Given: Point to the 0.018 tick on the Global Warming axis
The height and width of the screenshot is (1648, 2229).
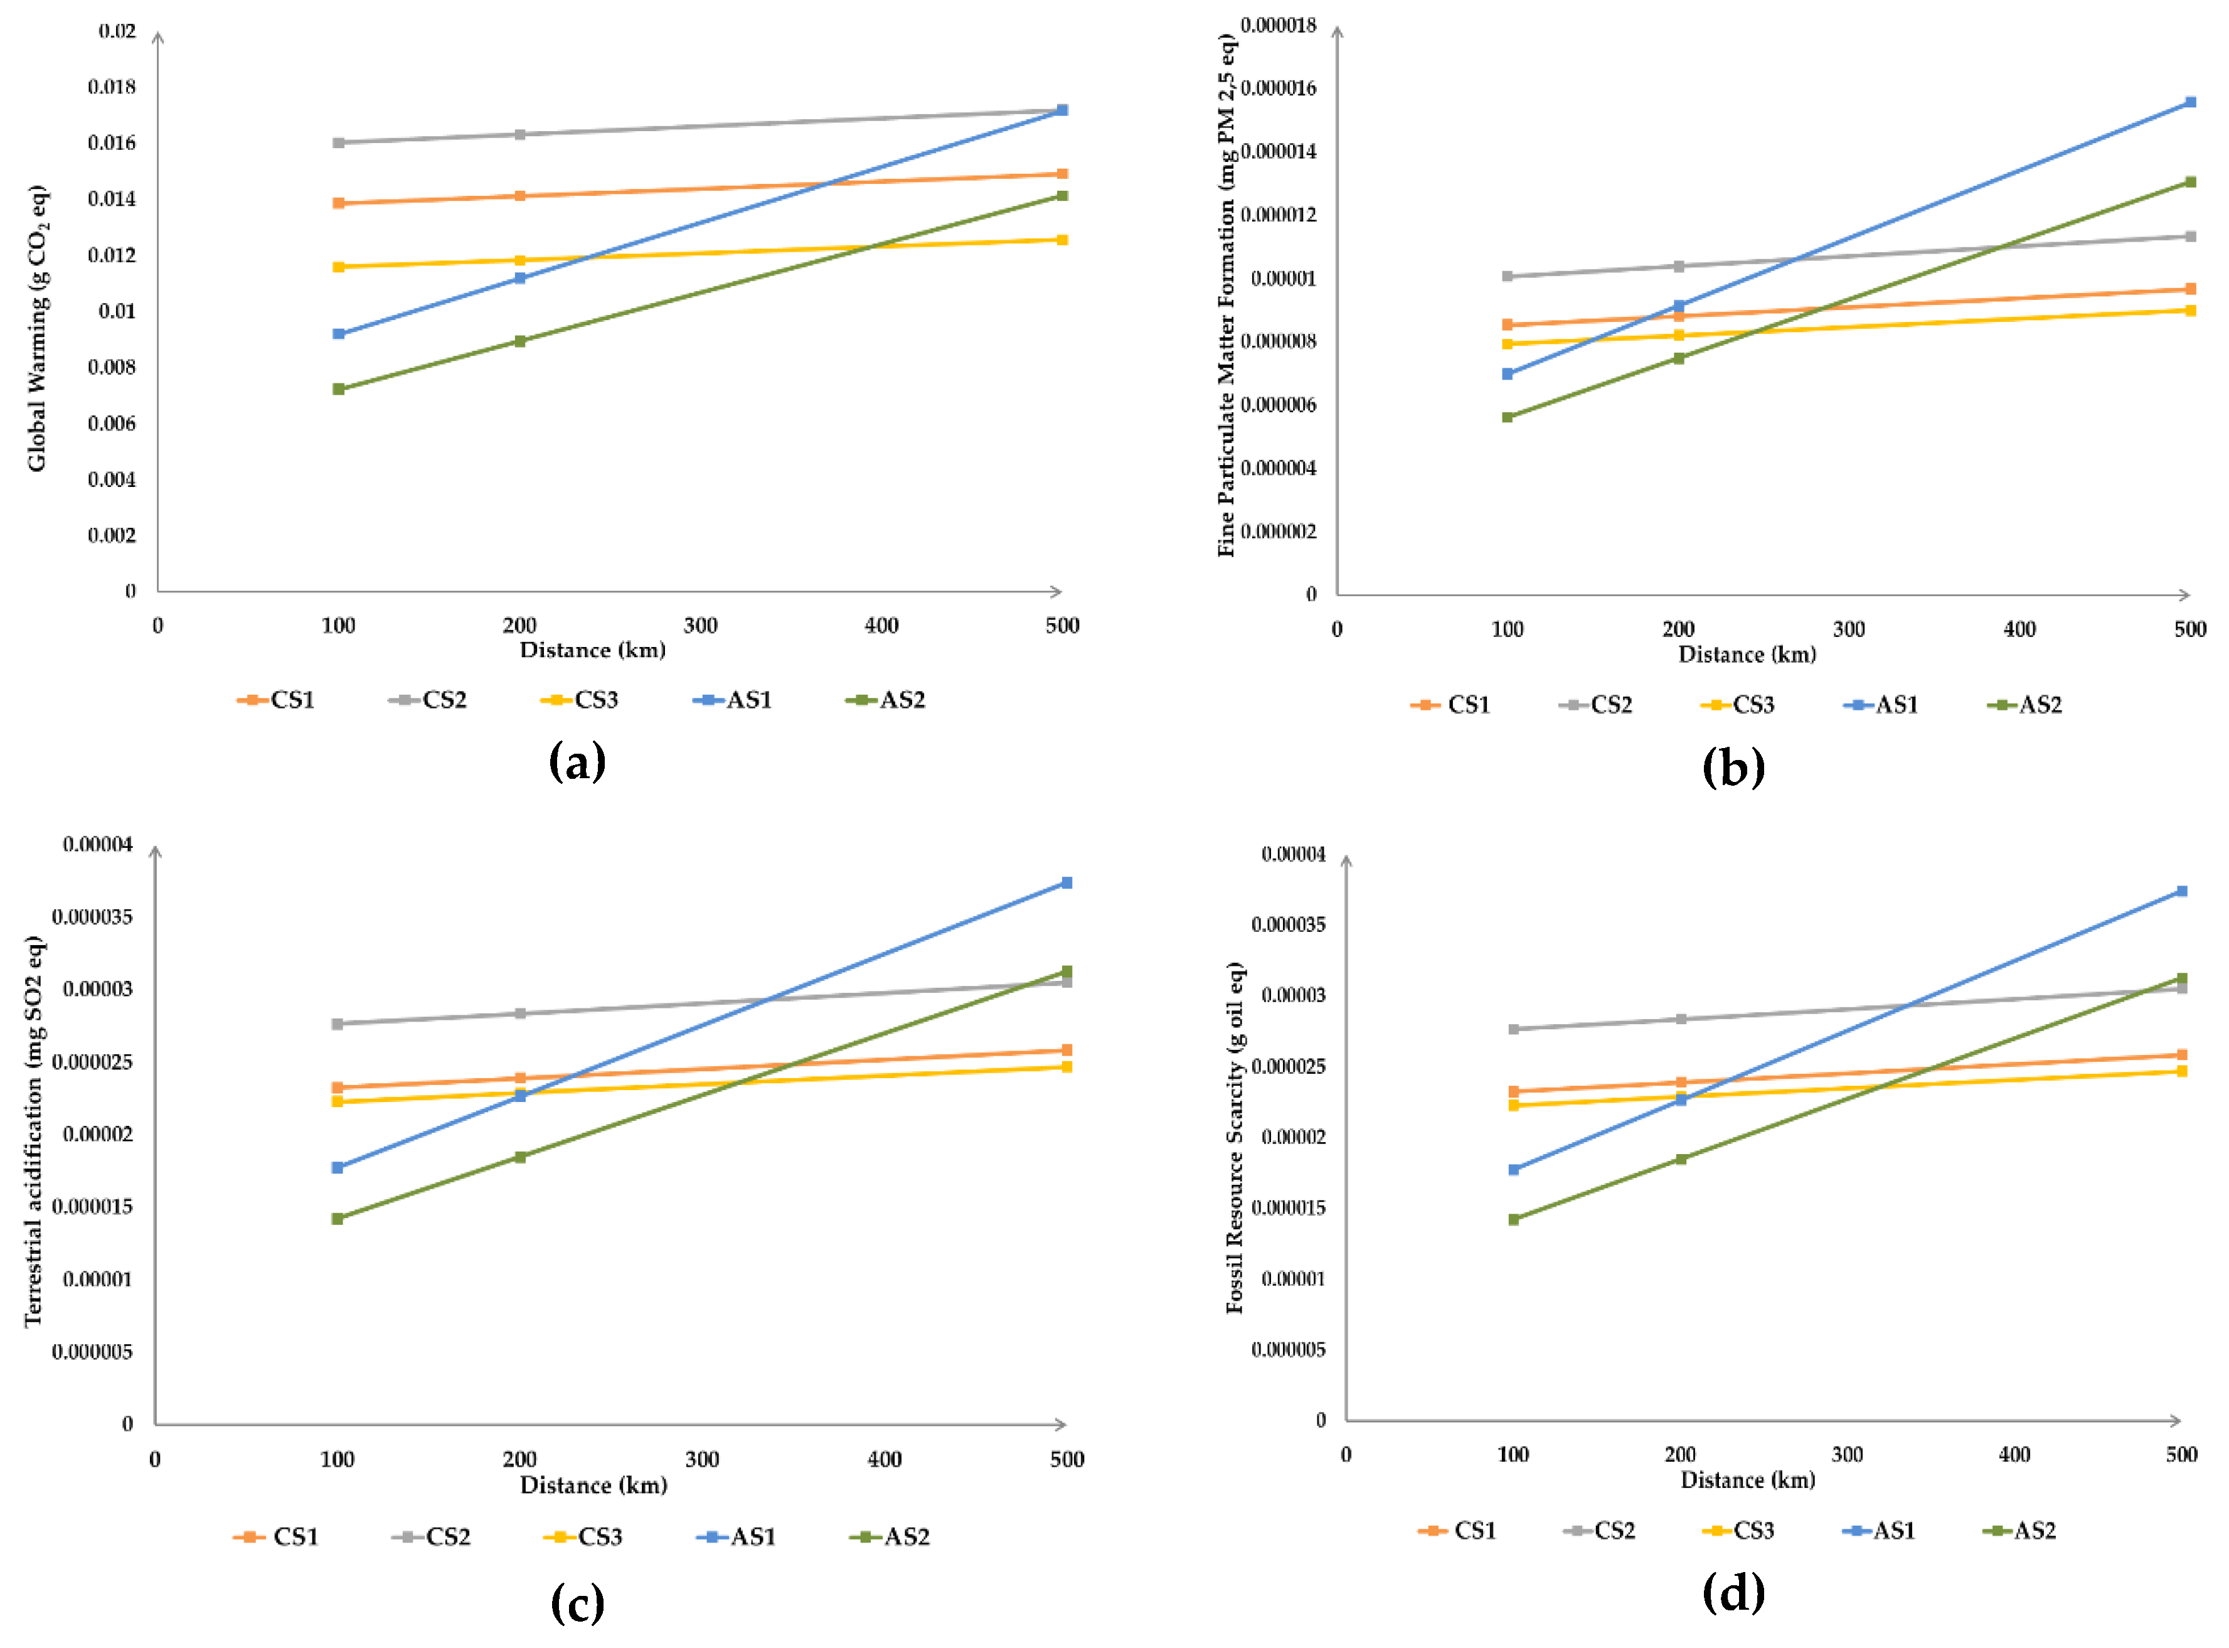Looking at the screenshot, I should click(112, 87).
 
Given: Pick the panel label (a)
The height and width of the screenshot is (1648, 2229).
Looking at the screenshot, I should click(577, 762).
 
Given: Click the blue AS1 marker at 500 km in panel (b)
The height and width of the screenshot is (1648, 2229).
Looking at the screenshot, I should click(2190, 102).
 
